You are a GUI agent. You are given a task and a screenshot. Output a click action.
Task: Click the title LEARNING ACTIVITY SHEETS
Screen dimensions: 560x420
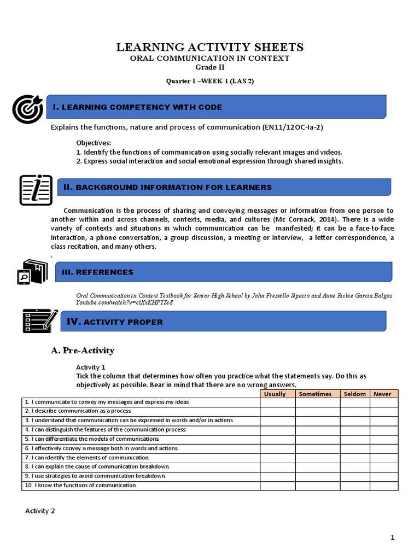210,48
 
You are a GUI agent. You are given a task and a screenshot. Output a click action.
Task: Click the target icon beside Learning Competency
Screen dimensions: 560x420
27,109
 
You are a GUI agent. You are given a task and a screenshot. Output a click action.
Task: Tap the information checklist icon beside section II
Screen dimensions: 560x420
36,190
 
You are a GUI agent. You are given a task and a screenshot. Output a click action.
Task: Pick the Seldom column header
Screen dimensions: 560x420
354,394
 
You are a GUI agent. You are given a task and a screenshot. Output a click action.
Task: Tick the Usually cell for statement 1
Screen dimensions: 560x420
277,402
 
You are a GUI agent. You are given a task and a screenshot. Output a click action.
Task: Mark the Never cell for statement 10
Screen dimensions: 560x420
384,486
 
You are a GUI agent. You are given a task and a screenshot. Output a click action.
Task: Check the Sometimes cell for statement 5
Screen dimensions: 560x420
317,439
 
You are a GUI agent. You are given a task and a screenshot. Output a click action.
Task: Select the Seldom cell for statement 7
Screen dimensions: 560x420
354,458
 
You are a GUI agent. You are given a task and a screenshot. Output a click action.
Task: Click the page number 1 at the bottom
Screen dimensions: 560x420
392,538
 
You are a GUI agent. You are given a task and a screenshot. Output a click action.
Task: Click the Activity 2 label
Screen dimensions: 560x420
40,511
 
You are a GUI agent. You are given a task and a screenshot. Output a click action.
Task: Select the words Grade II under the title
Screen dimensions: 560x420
210,67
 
